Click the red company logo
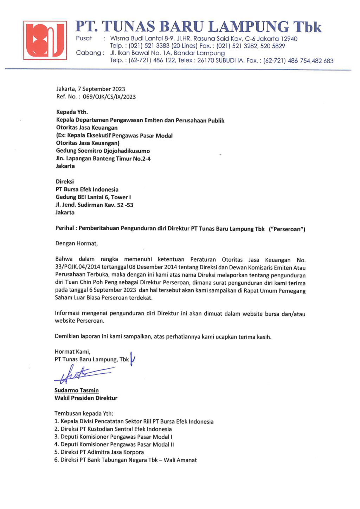click(45, 40)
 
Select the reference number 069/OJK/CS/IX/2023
click(109, 97)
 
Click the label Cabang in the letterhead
click(88, 53)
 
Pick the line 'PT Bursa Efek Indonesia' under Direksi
click(87, 189)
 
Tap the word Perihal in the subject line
click(65, 228)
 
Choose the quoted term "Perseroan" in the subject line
click(287, 229)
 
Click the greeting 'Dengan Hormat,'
click(76, 243)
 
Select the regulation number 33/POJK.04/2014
click(78, 267)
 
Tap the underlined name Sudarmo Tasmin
click(76, 390)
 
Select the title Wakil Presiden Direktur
click(86, 398)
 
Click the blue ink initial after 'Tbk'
click(133, 359)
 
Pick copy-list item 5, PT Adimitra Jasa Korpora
click(102, 452)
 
